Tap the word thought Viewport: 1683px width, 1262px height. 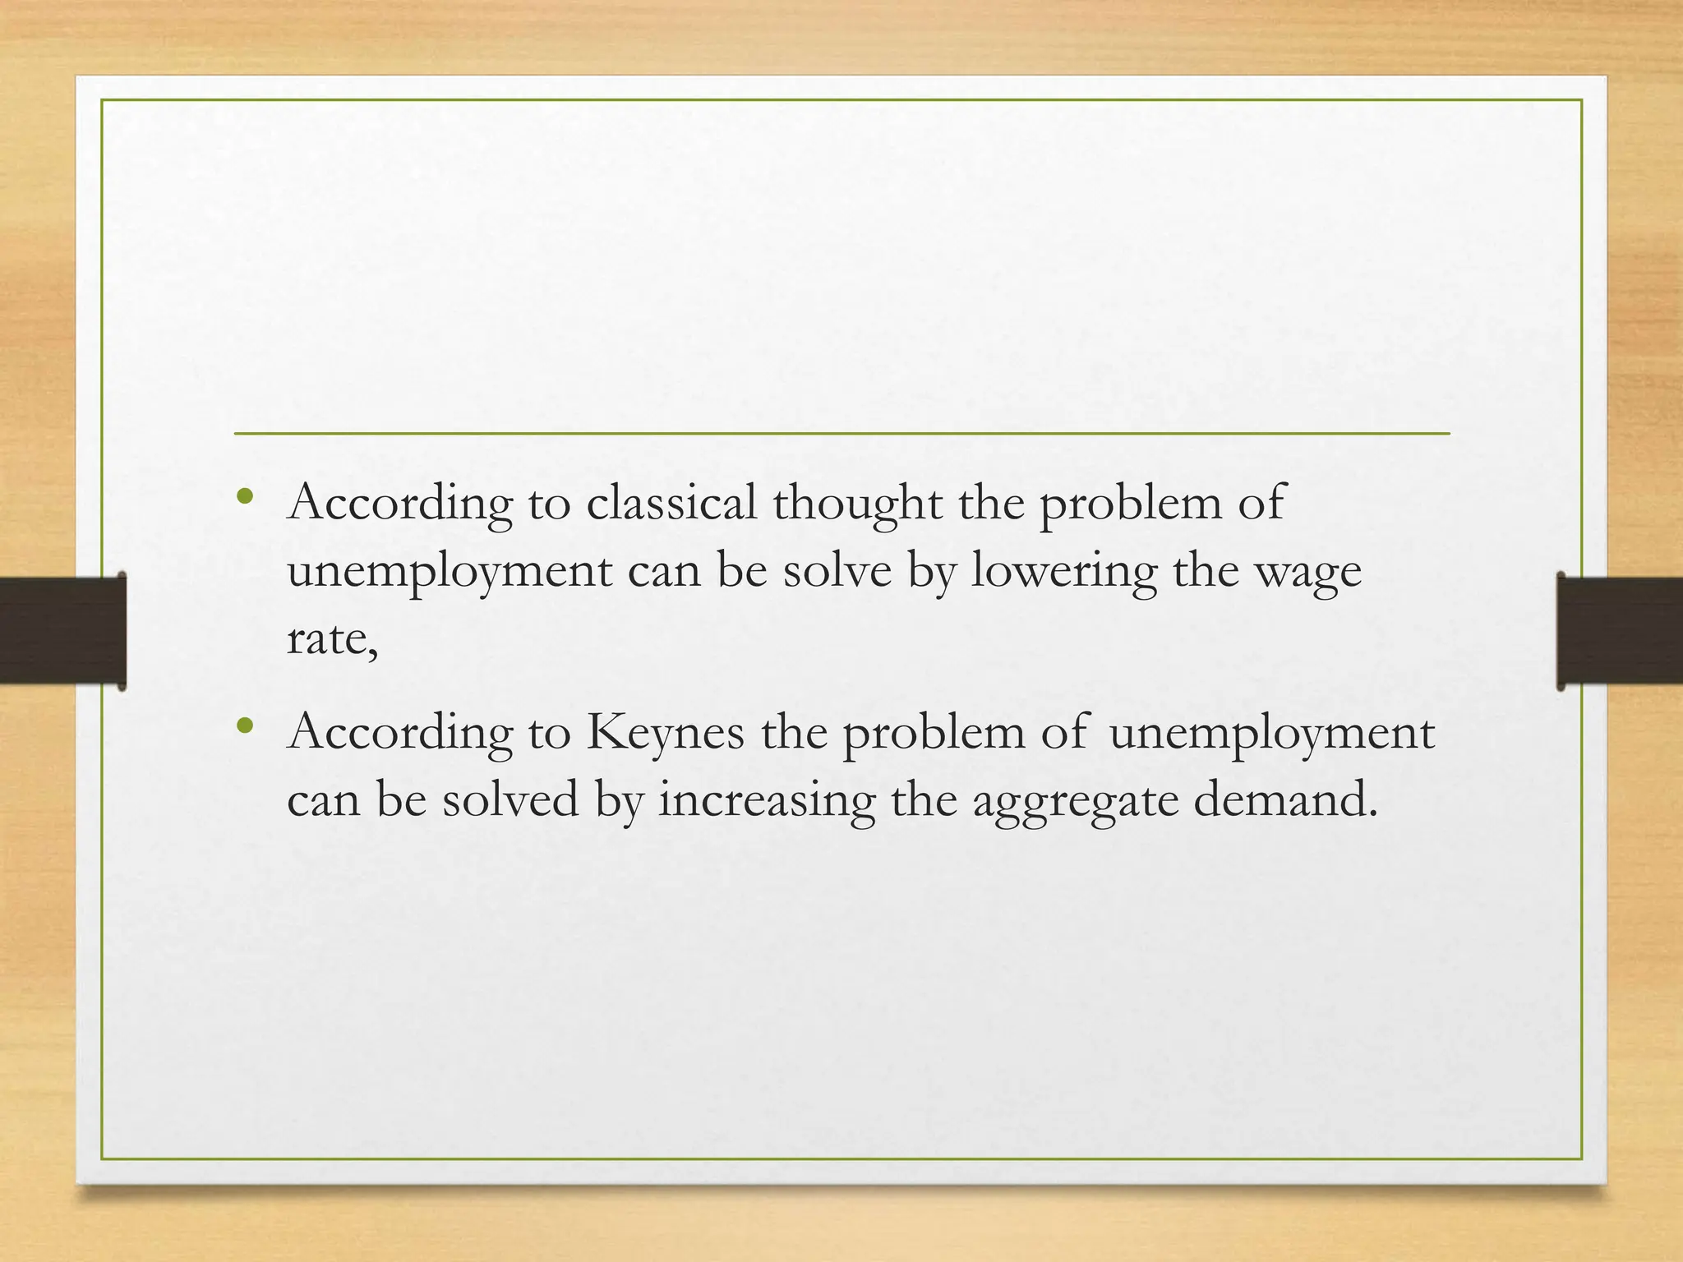[x=856, y=504]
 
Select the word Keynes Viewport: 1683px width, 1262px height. [x=665, y=732]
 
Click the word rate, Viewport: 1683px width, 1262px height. [x=332, y=638]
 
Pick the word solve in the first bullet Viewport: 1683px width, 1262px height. [x=837, y=570]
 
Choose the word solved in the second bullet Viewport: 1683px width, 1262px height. [x=510, y=799]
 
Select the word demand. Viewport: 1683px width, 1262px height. [x=1284, y=799]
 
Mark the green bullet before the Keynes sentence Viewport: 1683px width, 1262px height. [x=244, y=725]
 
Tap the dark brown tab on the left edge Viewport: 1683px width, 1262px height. [x=62, y=631]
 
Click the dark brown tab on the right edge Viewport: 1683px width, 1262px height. [x=1619, y=631]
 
